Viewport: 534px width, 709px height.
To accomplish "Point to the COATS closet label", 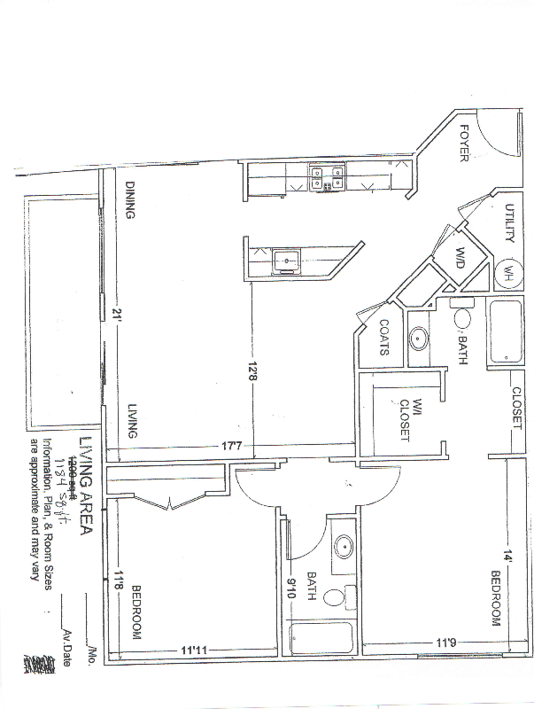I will pos(385,338).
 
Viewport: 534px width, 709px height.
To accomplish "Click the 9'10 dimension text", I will pos(289,585).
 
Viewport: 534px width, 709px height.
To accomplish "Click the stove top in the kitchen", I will pos(326,178).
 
